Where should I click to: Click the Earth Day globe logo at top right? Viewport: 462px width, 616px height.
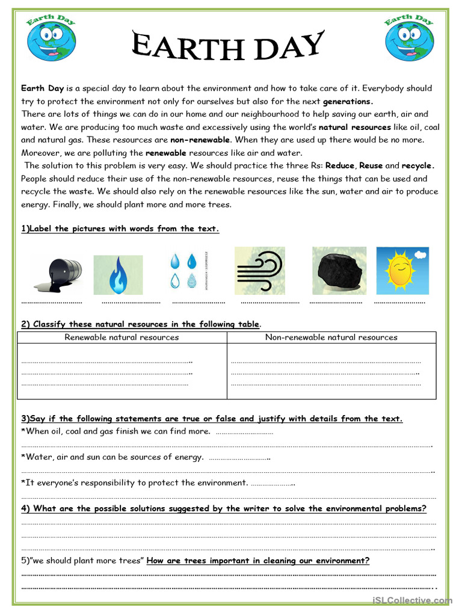click(x=409, y=38)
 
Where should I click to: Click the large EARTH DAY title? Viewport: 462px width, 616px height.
click(x=228, y=46)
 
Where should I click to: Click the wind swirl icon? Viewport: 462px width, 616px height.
click(x=259, y=271)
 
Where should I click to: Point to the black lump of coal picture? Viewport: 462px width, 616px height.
click(x=339, y=271)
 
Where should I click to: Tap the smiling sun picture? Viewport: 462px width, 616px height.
click(x=402, y=270)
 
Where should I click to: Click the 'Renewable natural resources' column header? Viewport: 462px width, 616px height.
click(x=122, y=337)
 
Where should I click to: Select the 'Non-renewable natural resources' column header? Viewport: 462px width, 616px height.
click(x=331, y=337)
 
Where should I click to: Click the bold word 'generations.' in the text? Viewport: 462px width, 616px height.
click(x=348, y=102)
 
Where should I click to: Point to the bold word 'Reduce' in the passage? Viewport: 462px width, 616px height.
click(x=339, y=165)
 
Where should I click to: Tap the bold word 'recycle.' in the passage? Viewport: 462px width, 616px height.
click(x=417, y=165)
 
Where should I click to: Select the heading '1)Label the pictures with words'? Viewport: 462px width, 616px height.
click(x=120, y=229)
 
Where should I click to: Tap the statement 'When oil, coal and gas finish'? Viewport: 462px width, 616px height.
click(x=115, y=431)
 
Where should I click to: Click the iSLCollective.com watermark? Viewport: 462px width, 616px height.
click(x=411, y=600)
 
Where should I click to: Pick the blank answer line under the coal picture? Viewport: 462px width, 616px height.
click(x=336, y=301)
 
